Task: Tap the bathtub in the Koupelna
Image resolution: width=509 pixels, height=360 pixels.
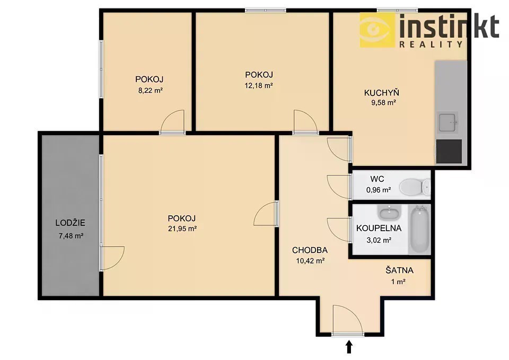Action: (420, 229)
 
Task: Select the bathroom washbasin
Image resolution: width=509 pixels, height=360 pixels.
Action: (389, 213)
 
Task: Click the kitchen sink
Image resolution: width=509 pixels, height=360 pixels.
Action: (449, 122)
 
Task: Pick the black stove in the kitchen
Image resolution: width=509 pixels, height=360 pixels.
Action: (449, 151)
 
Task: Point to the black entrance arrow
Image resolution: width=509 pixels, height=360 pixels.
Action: (349, 347)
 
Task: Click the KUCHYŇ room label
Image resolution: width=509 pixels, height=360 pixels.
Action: (381, 93)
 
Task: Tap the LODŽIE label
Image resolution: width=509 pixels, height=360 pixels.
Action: (70, 223)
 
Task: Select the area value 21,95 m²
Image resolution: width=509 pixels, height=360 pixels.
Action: (182, 229)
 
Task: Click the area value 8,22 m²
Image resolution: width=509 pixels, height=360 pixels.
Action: (150, 91)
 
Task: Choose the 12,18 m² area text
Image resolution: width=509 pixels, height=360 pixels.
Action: (258, 86)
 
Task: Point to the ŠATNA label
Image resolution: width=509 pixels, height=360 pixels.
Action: (399, 270)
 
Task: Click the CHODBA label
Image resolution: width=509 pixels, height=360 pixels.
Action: (310, 250)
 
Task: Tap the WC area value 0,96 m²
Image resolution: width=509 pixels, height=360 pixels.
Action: (379, 190)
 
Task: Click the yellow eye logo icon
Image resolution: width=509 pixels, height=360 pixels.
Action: (377, 30)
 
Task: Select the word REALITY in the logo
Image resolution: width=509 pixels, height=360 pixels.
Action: (431, 45)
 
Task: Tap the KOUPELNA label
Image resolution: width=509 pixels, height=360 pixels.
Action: (379, 228)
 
